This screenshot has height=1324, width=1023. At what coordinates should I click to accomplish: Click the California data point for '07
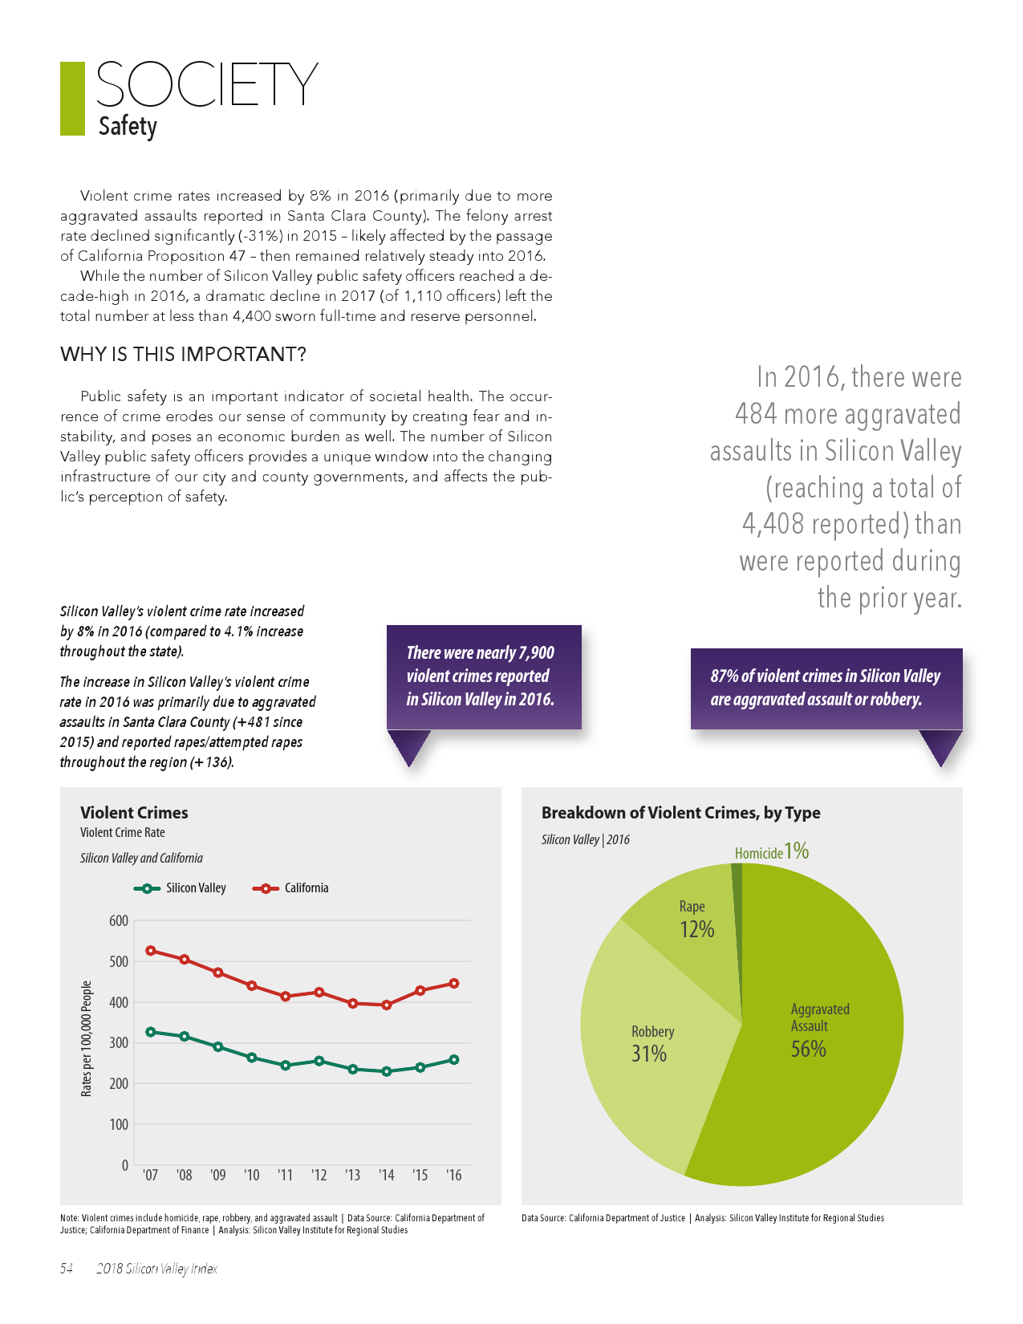click(x=151, y=951)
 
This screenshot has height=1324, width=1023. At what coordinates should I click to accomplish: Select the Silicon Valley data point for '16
click(x=454, y=1060)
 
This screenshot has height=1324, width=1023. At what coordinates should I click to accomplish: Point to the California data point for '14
click(x=387, y=1005)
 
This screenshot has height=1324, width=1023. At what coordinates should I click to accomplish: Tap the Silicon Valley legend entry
click(x=181, y=888)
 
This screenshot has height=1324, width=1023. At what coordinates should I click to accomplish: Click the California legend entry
click(x=291, y=888)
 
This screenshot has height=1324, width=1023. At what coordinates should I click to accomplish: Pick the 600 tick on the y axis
click(x=119, y=921)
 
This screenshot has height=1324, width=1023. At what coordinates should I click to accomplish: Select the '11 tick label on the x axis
click(x=285, y=1176)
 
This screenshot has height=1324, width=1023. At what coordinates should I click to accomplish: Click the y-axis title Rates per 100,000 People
click(x=87, y=1038)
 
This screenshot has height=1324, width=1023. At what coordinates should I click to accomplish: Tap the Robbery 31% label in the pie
click(x=652, y=1043)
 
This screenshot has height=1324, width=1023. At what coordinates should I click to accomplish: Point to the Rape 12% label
click(x=695, y=920)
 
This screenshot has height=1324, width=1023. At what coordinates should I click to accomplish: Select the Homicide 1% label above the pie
click(x=771, y=851)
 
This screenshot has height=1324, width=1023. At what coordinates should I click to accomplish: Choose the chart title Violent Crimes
click(x=134, y=813)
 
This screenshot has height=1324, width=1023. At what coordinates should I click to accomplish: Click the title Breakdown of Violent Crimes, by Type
click(x=680, y=813)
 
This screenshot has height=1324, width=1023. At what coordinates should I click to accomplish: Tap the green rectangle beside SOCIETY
click(x=72, y=99)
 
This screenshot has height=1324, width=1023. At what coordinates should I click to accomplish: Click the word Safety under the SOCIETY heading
click(x=128, y=127)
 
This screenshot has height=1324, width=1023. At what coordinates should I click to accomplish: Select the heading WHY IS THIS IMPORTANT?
click(x=183, y=355)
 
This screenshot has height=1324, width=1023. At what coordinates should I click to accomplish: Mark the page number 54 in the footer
click(x=67, y=1269)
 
